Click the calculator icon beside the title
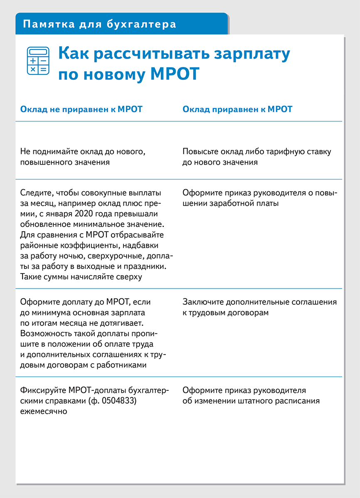point(37,61)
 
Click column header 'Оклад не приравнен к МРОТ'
point(81,109)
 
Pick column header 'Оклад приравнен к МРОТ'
point(237,109)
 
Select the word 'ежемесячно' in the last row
point(43,411)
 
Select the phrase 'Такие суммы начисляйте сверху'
point(81,276)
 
